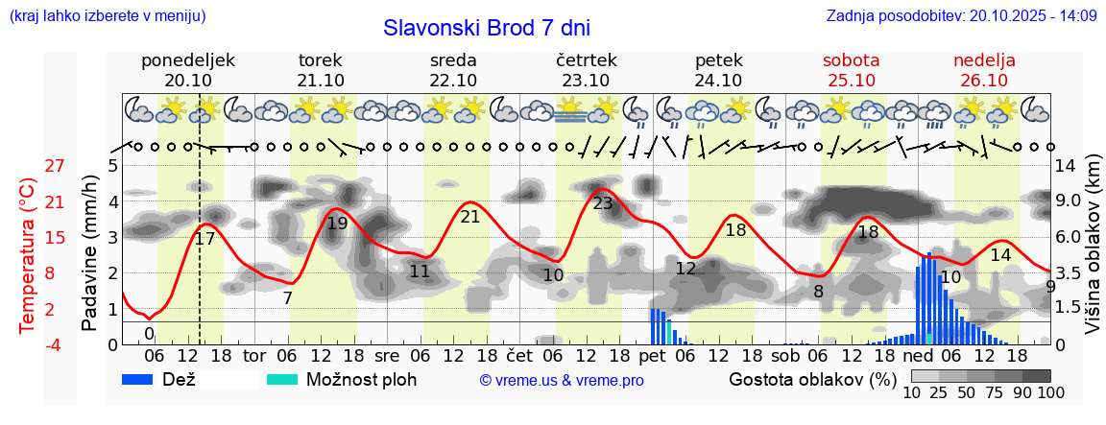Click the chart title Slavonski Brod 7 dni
point(487,28)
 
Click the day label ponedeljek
point(188,60)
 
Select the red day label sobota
point(851,60)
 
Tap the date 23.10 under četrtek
point(586,81)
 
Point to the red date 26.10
point(984,81)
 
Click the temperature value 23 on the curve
point(603,203)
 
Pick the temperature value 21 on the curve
point(469,217)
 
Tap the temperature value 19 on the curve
point(337,224)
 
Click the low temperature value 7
point(287,297)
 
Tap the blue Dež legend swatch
point(143,379)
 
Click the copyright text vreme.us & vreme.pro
point(562,381)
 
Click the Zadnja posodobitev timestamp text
point(961,16)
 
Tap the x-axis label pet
point(652,355)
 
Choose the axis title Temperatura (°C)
point(27,255)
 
